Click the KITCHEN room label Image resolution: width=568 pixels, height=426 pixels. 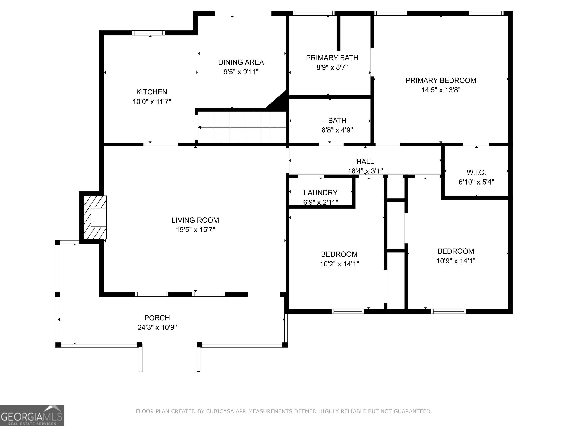point(152,92)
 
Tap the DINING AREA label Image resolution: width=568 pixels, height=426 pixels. point(241,62)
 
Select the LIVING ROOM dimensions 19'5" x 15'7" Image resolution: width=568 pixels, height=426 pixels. point(195,230)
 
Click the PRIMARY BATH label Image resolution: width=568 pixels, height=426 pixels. point(332,58)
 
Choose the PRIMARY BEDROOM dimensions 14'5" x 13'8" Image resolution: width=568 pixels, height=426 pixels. point(441,90)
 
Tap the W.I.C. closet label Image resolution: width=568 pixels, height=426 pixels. point(476,172)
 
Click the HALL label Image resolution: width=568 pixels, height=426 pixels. point(365,162)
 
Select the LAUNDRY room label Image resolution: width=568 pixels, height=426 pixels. point(320,193)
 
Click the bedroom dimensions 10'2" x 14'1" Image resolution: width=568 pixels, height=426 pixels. point(339,264)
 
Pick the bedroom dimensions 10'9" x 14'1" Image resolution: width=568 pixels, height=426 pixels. point(456,261)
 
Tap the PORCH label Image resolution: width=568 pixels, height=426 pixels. point(157,318)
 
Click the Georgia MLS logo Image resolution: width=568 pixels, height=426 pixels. point(32,415)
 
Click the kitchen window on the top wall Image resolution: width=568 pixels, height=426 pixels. point(148,33)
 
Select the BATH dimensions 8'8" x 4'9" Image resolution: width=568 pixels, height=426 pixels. point(337,130)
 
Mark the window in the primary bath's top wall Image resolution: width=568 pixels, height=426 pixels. point(314,13)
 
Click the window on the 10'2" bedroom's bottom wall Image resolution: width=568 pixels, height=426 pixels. point(348,311)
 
